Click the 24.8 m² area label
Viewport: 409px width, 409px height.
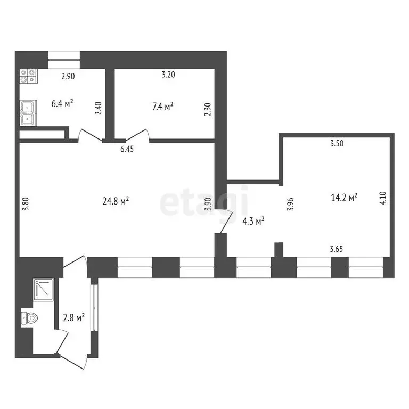116,201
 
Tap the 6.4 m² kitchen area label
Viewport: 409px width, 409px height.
62,103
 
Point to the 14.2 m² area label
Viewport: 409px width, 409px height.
343,198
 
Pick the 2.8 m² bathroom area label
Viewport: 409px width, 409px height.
73,318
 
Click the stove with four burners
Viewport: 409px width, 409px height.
29,77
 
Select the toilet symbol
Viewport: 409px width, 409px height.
30,318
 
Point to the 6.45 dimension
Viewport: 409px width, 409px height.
127,150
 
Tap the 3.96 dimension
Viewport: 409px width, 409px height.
291,204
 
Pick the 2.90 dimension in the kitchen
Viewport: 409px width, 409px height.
68,76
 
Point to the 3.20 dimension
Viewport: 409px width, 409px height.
168,75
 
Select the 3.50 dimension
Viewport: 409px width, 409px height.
337,143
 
